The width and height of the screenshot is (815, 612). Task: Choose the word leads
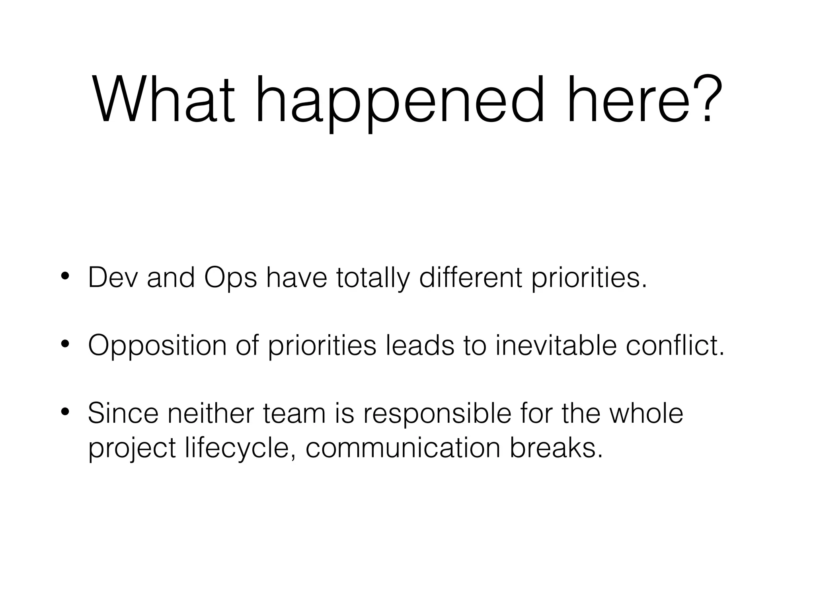[x=420, y=345]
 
